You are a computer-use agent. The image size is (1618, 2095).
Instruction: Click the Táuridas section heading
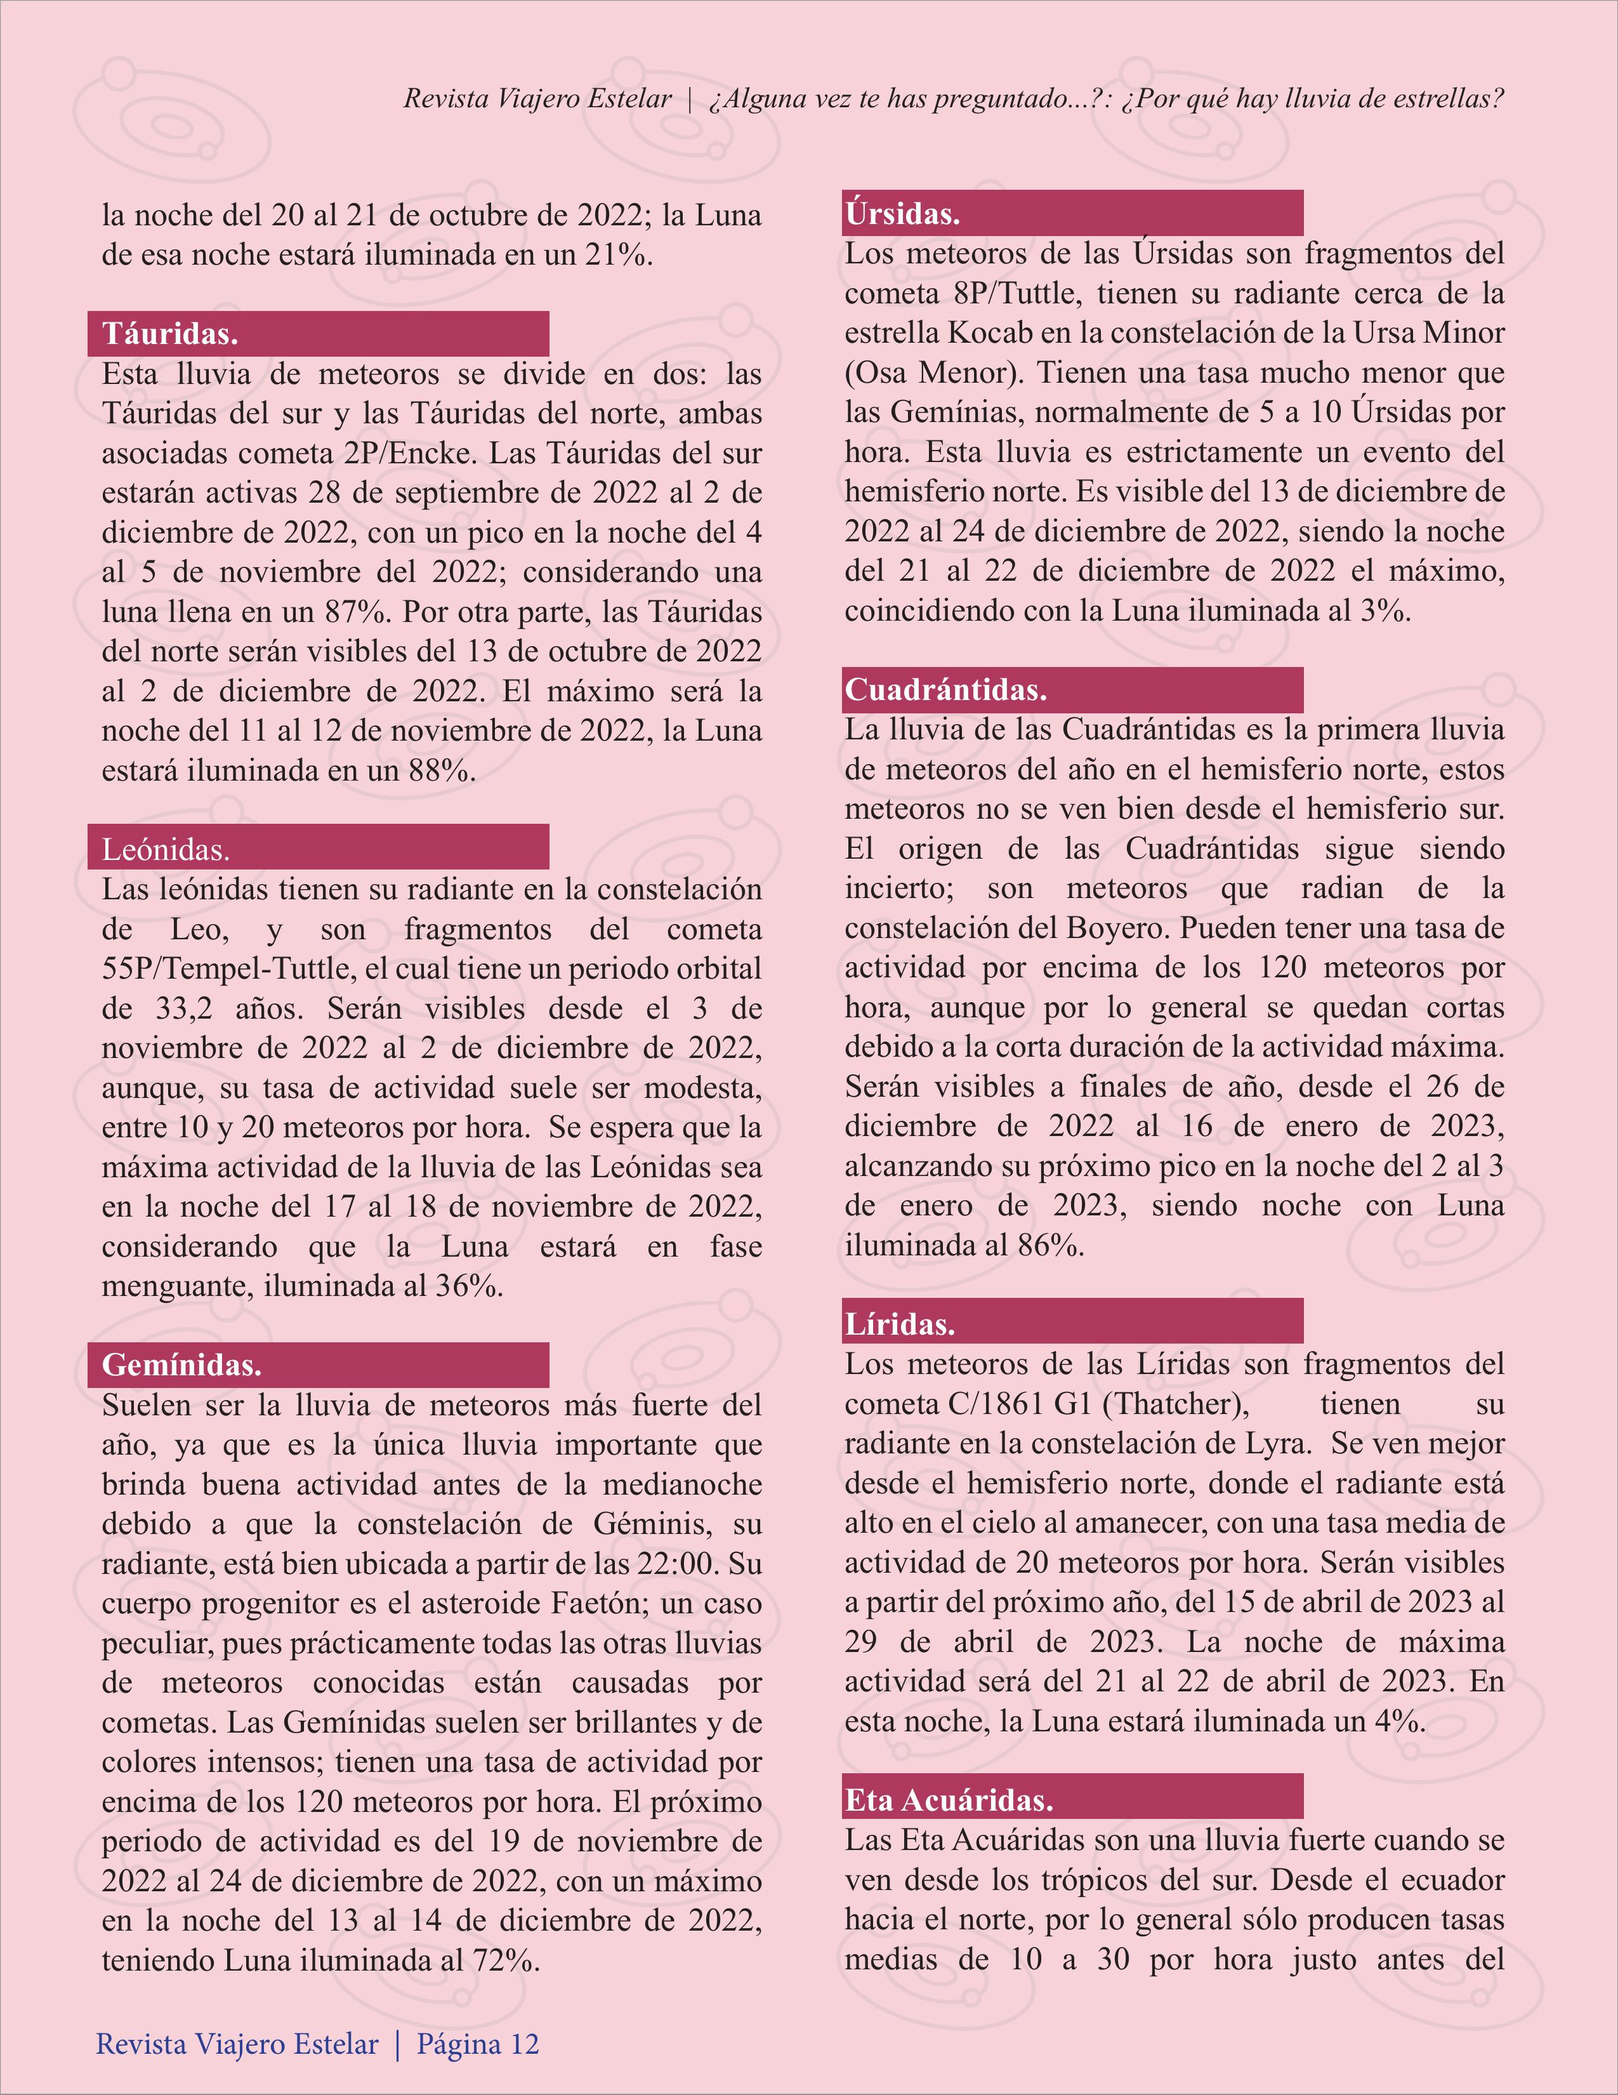[170, 334]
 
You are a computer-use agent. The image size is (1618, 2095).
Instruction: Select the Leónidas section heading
[166, 849]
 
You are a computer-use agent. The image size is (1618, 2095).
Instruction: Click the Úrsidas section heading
[902, 214]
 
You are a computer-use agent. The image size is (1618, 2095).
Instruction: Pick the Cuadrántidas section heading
[945, 690]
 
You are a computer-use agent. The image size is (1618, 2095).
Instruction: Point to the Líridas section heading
[898, 1324]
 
